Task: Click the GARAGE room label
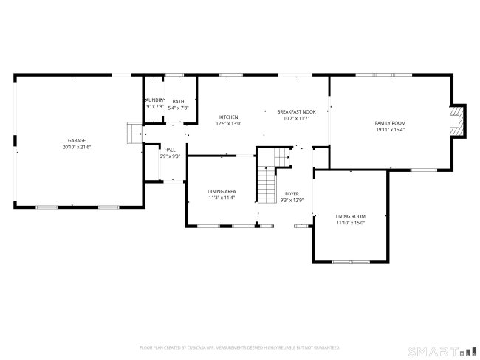[x=77, y=140]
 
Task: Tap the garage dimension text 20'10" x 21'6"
[x=77, y=147]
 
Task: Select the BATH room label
[x=178, y=102]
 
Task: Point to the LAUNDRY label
[x=154, y=100]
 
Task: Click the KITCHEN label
[x=228, y=117]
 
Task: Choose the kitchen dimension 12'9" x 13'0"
[x=228, y=124]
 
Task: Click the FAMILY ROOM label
[x=390, y=123]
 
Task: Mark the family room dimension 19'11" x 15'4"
[x=390, y=130]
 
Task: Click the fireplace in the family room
[x=459, y=120]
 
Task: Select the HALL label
[x=170, y=150]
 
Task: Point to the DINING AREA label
[x=221, y=191]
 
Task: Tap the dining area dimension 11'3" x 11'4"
[x=221, y=198]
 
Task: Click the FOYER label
[x=292, y=193]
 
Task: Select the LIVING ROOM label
[x=351, y=215]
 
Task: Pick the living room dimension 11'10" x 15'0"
[x=351, y=222]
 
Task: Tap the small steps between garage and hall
[x=133, y=134]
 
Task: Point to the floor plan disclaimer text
[x=239, y=347]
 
